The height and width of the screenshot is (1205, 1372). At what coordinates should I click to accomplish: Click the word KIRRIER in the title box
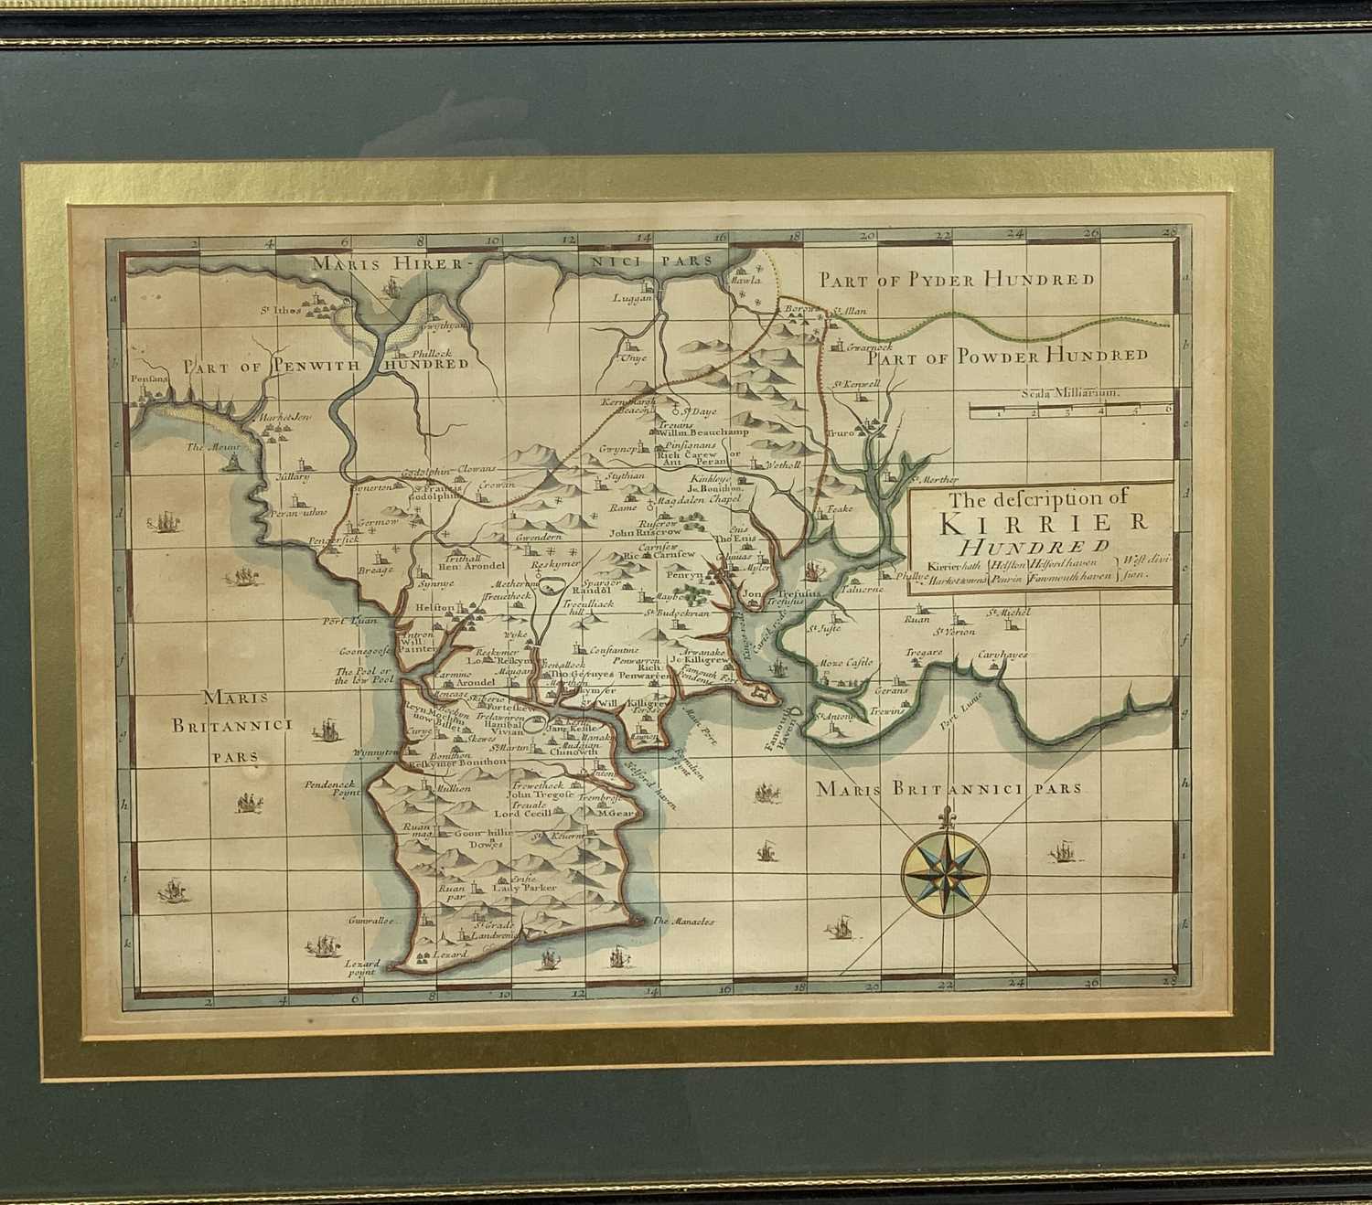1043,524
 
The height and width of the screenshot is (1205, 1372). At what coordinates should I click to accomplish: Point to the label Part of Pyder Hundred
957,279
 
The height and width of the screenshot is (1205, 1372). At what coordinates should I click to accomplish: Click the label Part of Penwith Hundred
326,365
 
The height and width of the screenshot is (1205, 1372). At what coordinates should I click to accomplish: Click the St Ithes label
281,310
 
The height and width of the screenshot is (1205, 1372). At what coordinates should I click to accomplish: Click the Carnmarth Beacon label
624,405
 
